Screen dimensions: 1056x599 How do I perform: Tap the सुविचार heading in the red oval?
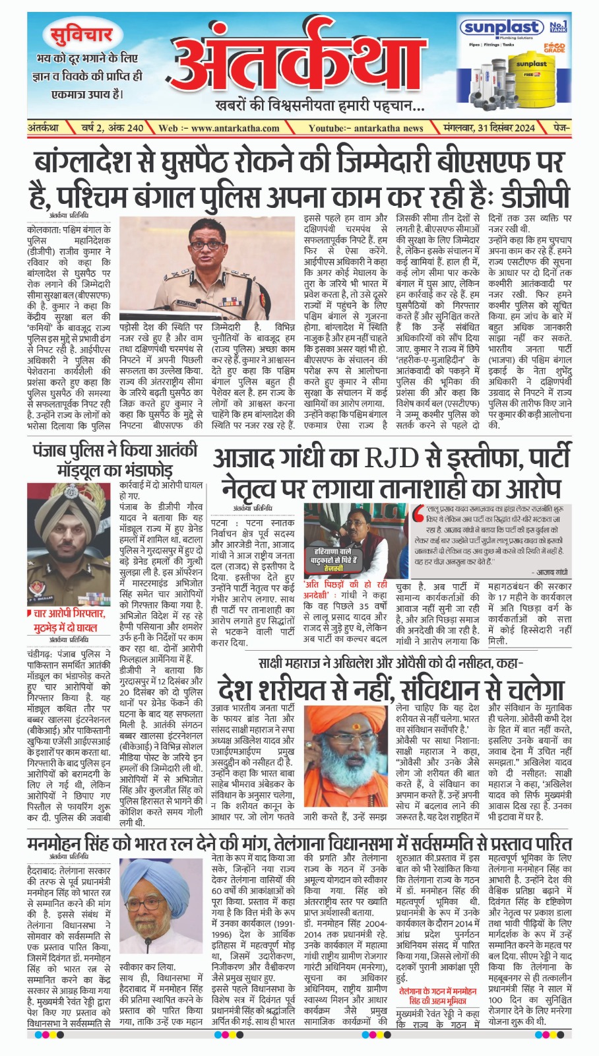point(81,34)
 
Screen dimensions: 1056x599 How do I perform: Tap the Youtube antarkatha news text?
point(366,128)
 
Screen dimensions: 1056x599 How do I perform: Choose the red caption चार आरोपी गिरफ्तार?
point(69,614)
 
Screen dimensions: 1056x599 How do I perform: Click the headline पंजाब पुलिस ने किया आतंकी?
point(114,451)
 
